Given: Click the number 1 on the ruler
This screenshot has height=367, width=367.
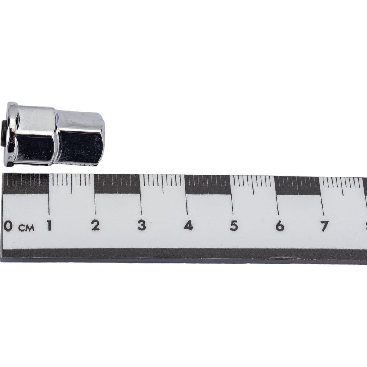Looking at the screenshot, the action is point(49,226).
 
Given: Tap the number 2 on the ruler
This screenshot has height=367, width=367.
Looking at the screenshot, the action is point(95,226).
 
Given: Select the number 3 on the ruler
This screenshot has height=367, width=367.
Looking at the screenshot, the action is point(142,226).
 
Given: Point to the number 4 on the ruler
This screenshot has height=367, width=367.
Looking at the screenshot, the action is point(188,226).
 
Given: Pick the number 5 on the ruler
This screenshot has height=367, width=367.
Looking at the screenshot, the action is point(234,226).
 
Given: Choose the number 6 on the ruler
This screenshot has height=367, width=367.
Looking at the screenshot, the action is point(280,226).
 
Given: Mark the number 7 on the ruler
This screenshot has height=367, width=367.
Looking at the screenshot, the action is point(324,226).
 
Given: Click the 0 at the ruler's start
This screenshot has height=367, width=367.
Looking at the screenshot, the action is point(8,226).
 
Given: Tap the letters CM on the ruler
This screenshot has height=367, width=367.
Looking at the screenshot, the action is point(26,228).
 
